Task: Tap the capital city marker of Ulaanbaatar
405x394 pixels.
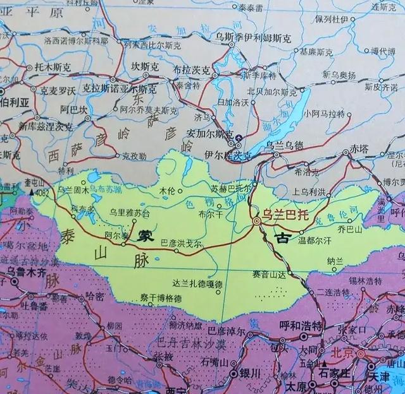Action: [257, 222]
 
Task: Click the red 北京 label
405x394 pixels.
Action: [342, 352]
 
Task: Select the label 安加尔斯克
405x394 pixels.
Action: [208, 134]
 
